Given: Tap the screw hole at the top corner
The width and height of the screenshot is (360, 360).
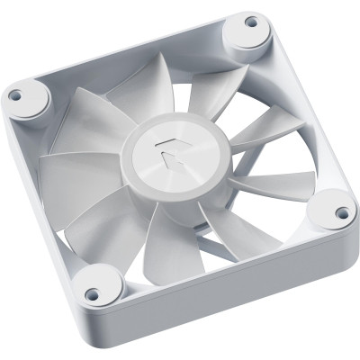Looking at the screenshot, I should [251, 22].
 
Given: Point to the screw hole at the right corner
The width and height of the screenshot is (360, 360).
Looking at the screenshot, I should [342, 213].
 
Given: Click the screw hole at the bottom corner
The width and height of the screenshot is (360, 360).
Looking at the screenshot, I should [91, 293].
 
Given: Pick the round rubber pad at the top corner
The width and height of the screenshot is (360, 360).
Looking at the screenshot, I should [246, 34].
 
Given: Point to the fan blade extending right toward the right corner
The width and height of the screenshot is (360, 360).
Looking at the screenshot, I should [270, 184].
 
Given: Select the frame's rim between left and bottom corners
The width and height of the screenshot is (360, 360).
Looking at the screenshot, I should [49, 189].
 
